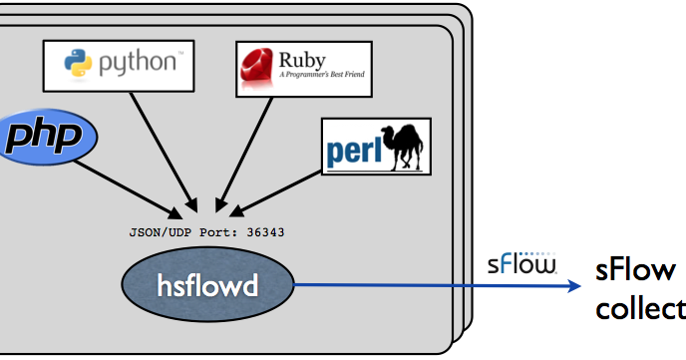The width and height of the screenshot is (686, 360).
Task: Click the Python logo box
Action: pyautogui.click(x=119, y=64)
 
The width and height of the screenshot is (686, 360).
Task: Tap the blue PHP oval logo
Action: pyautogui.click(x=47, y=138)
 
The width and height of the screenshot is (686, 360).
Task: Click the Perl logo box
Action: pyautogui.click(x=376, y=147)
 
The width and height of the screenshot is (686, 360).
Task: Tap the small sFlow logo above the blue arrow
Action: pyautogui.click(x=521, y=264)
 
